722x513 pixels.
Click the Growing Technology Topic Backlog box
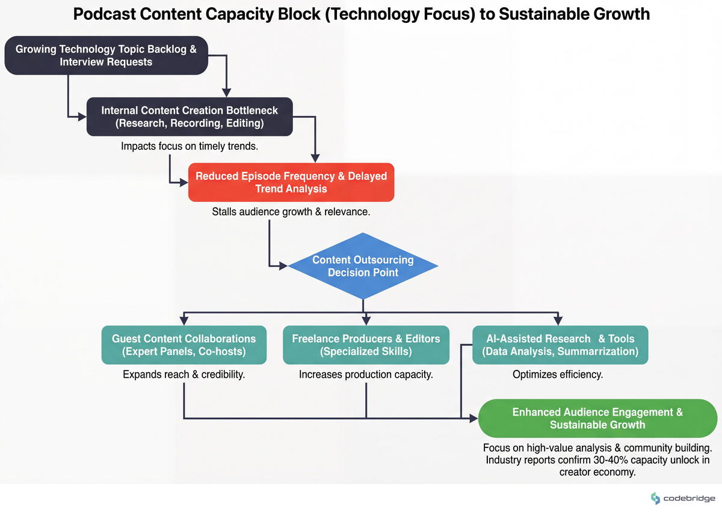click(x=106, y=55)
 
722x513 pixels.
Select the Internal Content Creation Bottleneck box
click(x=189, y=117)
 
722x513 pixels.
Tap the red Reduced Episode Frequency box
click(x=291, y=182)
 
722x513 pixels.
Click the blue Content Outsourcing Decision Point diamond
click(x=363, y=266)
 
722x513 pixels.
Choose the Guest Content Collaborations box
click(x=184, y=345)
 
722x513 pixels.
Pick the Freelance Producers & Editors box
click(x=366, y=345)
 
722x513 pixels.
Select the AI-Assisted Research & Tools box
click(x=560, y=345)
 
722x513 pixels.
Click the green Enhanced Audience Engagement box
click(x=597, y=419)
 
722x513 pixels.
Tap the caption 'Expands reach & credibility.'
click(x=184, y=375)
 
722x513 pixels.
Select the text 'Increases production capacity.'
click(x=366, y=375)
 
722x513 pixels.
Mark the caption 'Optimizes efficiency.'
click(x=557, y=375)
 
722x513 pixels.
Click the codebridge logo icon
click(x=655, y=498)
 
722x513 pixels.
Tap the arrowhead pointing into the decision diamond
click(x=283, y=265)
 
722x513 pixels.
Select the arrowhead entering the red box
click(x=184, y=182)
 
